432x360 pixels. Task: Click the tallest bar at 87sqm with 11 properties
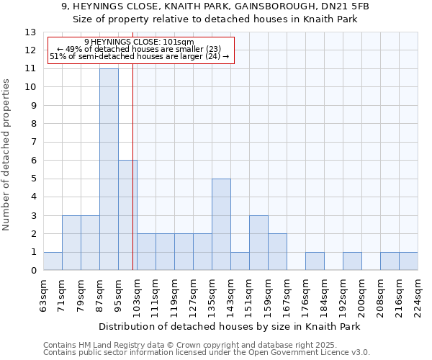click(109, 169)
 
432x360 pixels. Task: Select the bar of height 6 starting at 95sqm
click(127, 215)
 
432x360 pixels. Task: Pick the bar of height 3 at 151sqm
click(258, 243)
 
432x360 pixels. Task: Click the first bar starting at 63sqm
click(53, 261)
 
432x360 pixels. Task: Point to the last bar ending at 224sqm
click(408, 261)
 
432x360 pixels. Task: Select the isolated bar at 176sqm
click(315, 261)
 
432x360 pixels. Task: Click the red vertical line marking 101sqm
click(133, 180)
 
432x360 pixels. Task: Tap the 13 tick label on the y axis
click(30, 32)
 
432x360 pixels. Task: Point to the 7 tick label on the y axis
click(33, 143)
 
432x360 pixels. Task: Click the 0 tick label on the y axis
click(33, 271)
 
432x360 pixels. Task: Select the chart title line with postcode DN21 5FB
click(216, 6)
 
